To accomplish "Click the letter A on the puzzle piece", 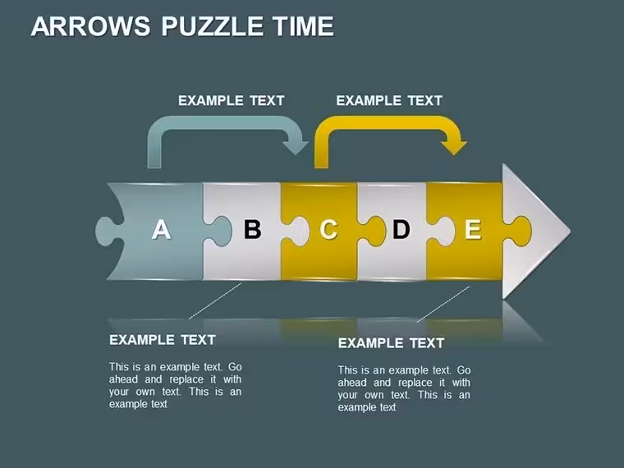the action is tap(161, 229).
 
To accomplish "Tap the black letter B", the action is tap(252, 229).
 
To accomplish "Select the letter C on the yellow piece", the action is tap(328, 229).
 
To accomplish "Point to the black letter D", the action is tap(401, 229).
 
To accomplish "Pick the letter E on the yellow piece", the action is tap(473, 229).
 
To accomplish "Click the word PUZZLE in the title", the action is tap(212, 26).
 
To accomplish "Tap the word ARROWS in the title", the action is tap(91, 26).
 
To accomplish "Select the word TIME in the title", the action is tap(304, 26).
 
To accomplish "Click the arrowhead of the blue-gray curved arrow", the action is tap(295, 147).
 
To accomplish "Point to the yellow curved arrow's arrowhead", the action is tap(454, 147).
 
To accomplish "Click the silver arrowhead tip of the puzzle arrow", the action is tap(570, 231).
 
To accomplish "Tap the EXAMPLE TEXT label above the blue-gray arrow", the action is tap(232, 100).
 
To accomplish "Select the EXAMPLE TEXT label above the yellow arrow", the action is tap(389, 100).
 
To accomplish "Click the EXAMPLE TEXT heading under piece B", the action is tap(163, 340).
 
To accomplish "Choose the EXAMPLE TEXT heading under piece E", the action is tap(391, 343).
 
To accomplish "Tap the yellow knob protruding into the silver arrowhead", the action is tap(518, 232).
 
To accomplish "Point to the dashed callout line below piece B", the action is tap(215, 301).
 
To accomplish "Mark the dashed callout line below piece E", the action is tap(443, 304).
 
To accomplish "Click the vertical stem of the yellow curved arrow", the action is tap(321, 153).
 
